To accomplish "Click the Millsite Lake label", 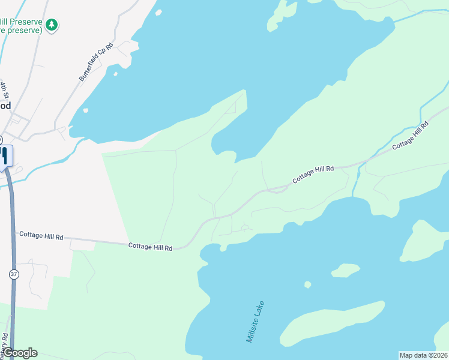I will click(x=255, y=322).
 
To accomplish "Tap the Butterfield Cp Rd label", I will click(x=96, y=62).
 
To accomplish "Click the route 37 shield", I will click(x=14, y=274).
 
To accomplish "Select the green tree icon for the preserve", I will click(x=52, y=24).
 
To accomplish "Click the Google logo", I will click(x=19, y=353).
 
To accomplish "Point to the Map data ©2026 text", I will click(x=423, y=355).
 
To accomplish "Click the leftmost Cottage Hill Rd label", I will click(x=41, y=236).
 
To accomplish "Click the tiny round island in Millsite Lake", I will click(x=308, y=284).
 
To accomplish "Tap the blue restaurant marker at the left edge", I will click(x=4, y=156).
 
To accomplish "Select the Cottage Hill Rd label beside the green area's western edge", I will click(x=150, y=247).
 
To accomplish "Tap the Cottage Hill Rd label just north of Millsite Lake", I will click(x=313, y=175).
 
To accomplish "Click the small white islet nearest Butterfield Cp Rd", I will click(x=115, y=74).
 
